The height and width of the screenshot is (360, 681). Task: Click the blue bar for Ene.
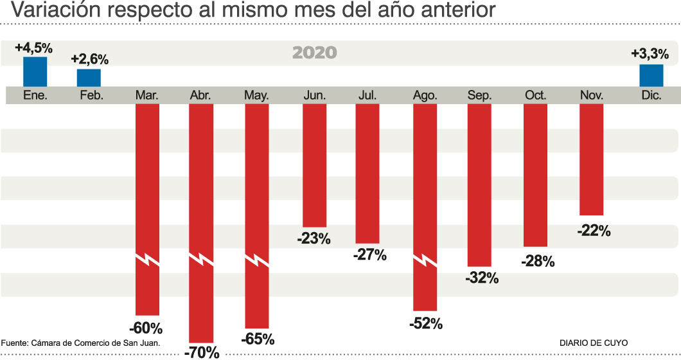35,71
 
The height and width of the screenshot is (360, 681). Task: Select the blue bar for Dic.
651,75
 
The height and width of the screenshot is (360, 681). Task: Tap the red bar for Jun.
315,164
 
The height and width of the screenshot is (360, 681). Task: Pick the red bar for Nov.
591,159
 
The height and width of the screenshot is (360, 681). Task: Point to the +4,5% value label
33,48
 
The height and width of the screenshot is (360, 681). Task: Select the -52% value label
425,323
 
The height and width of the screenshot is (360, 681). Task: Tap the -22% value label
594,230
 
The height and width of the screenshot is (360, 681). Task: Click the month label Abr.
201,95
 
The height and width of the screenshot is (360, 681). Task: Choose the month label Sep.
480,95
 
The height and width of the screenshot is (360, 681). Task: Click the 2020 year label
314,53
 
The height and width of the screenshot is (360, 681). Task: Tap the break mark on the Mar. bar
148,260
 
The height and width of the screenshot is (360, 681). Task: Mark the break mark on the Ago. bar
425,260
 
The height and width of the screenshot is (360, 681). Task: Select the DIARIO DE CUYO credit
594,343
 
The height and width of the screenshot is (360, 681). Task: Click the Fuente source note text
80,343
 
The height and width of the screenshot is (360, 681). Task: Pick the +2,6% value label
89,59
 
